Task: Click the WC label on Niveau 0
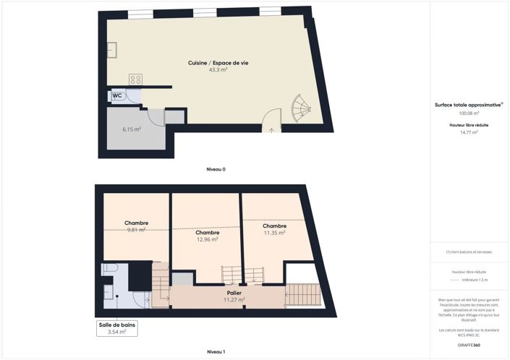pos(117,95)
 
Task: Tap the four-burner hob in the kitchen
pos(135,79)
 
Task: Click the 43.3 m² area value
pos(218,70)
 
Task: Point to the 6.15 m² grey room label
pos(131,129)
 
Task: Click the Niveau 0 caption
pos(216,169)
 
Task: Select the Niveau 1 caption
pos(216,351)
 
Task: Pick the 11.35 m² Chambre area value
pos(274,233)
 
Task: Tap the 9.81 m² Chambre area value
pos(137,230)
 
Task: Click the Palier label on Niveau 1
pos(234,293)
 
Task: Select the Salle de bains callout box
pos(117,328)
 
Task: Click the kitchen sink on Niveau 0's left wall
pos(112,49)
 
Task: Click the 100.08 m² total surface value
pos(469,113)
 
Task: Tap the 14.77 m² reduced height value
pos(469,132)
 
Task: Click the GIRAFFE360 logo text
pos(469,345)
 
